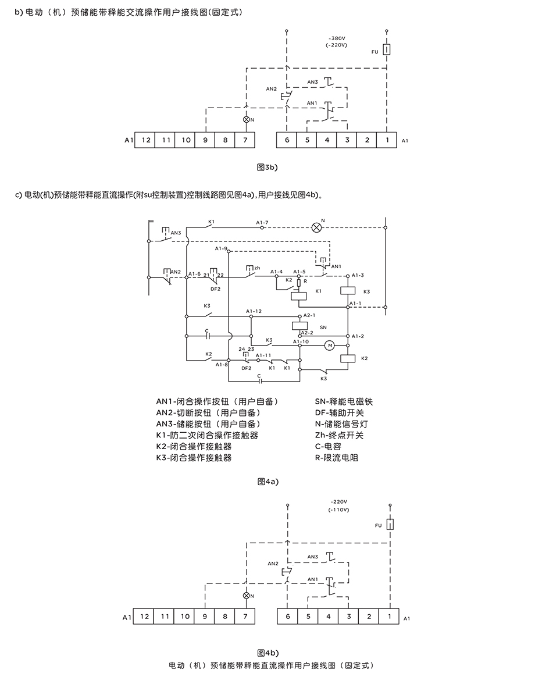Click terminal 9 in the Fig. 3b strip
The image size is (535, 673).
point(205,140)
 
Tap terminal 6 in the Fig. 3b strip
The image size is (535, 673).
point(286,140)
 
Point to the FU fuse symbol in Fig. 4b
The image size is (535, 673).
point(391,524)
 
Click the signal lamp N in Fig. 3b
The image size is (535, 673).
point(246,119)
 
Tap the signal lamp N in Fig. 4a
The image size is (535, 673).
point(316,227)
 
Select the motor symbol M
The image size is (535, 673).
point(330,346)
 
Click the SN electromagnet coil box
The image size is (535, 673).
point(299,325)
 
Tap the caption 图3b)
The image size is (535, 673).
point(267,167)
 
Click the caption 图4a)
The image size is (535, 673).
point(268,482)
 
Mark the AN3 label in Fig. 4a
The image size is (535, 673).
point(176,233)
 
